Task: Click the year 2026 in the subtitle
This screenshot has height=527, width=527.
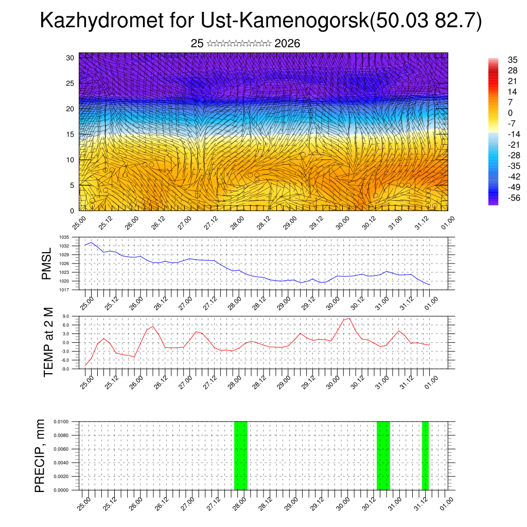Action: pyautogui.click(x=287, y=44)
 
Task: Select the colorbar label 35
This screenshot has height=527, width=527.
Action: pyautogui.click(x=513, y=60)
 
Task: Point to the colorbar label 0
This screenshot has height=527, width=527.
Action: pyautogui.click(x=510, y=113)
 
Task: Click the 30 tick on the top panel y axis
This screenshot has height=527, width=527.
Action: pyautogui.click(x=71, y=58)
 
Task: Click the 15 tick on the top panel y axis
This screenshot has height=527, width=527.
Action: pyautogui.click(x=71, y=134)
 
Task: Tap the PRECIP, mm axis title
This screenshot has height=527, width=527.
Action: pyautogui.click(x=40, y=456)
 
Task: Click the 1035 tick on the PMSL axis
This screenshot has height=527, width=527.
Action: pyautogui.click(x=64, y=237)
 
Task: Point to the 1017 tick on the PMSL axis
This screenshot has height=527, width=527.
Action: pyautogui.click(x=64, y=290)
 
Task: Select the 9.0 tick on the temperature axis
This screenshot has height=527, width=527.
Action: pyautogui.click(x=66, y=317)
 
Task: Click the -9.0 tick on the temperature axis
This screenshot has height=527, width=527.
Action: pyautogui.click(x=65, y=369)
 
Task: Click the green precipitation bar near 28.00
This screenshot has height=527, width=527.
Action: pyautogui.click(x=241, y=455)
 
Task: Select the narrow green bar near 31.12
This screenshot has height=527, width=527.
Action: pyautogui.click(x=425, y=455)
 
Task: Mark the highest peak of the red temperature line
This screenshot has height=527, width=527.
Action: pyautogui.click(x=350, y=318)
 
